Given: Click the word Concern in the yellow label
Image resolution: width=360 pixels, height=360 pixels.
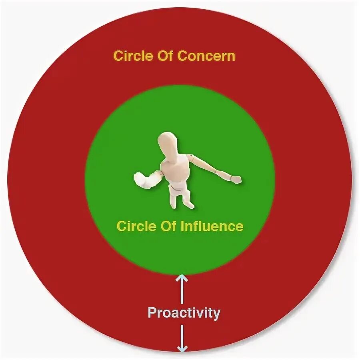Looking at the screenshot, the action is [x=206, y=56].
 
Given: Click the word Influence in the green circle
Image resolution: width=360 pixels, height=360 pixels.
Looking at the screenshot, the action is [x=212, y=226].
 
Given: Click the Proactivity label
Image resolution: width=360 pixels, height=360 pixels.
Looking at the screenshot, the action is [x=184, y=312].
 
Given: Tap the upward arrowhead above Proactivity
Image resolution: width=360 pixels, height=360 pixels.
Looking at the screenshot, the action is [x=182, y=277].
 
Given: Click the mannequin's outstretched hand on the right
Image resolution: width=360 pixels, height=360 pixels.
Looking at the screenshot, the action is [x=236, y=180].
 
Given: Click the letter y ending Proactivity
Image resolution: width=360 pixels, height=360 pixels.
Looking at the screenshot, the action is [x=216, y=314].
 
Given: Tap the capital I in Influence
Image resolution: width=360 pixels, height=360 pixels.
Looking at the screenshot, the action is [x=183, y=226].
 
